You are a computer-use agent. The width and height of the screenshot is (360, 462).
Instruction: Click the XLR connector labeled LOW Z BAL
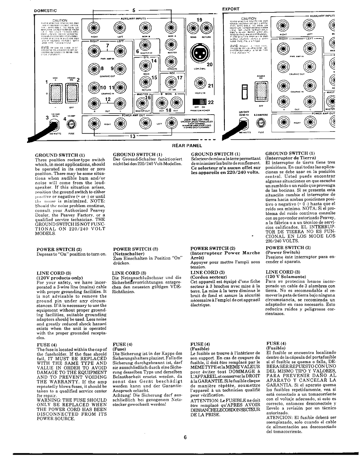pyautogui.click(x=199, y=54)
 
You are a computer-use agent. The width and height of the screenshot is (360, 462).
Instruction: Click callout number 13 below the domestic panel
pyautogui.click(x=133, y=136)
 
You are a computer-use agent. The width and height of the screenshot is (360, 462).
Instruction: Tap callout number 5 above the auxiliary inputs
pyautogui.click(x=133, y=10)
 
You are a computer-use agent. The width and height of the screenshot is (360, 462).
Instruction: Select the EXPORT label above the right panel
pyautogui.click(x=231, y=9)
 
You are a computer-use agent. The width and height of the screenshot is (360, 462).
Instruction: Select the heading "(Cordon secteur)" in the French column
pyautogui.click(x=205, y=277)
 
